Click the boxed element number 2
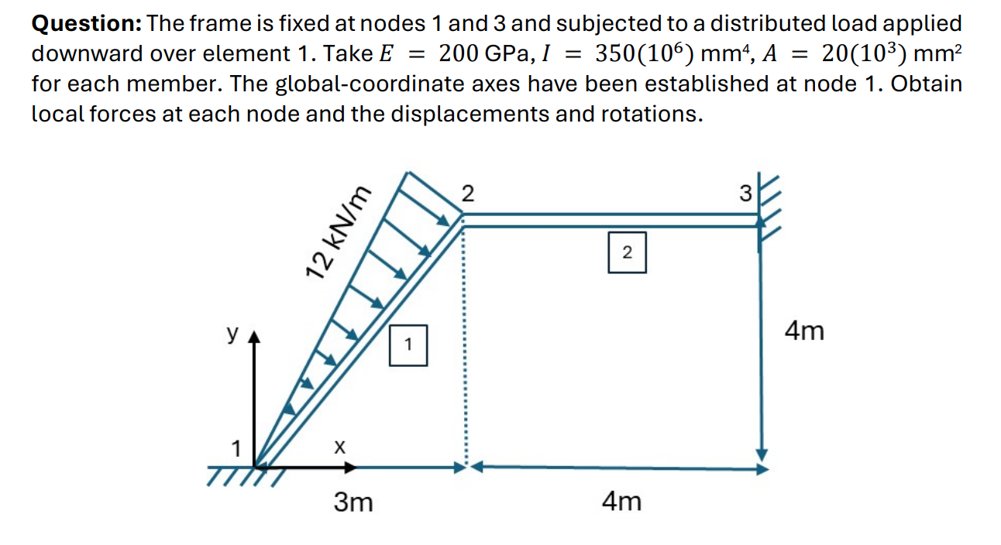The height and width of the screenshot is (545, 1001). (627, 252)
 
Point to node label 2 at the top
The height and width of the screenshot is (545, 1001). (467, 193)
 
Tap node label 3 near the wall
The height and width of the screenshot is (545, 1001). (745, 194)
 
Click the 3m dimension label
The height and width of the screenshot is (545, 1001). (353, 502)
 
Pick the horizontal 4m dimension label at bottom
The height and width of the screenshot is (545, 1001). (621, 502)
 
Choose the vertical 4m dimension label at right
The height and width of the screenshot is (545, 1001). (804, 332)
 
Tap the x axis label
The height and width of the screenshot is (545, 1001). (338, 447)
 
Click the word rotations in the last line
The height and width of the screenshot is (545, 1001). (649, 114)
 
